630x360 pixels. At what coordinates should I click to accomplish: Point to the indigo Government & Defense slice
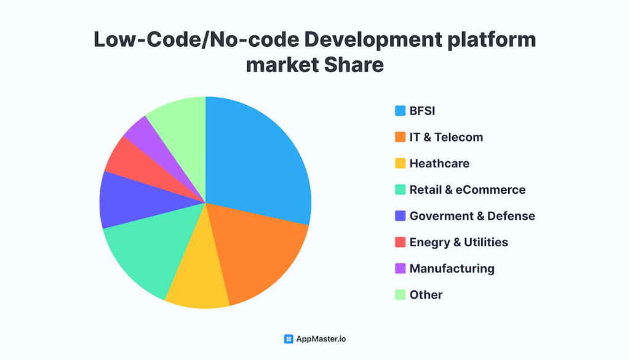pos(126,200)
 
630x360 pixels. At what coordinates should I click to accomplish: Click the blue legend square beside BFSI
pos(400,111)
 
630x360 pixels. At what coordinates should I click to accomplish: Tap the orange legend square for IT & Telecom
pos(400,137)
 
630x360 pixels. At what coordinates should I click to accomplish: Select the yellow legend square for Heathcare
pos(400,164)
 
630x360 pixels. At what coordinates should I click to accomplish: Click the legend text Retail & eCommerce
pos(467,190)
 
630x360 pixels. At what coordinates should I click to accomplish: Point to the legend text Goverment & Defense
pos(472,216)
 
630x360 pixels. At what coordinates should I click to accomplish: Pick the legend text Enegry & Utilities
pos(458,242)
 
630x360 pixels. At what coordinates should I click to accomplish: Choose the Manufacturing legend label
pos(452,268)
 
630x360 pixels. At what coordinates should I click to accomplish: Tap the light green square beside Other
pos(400,295)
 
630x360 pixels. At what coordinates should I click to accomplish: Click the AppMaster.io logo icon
pos(289,339)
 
